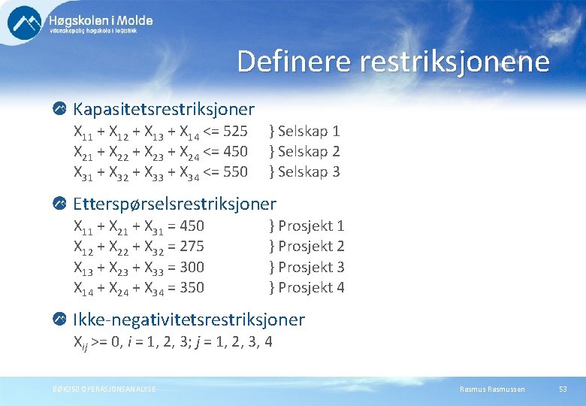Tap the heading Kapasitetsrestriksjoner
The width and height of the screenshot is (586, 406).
coord(164,110)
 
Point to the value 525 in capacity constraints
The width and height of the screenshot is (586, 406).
coord(235,132)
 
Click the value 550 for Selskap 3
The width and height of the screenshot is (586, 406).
coord(235,172)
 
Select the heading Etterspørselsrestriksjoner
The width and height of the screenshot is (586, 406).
coord(174,204)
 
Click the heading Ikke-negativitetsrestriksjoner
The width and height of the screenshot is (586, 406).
coord(189,320)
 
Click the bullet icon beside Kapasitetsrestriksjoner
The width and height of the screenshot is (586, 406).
coord(60,110)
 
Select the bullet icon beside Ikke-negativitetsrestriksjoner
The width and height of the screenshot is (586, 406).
coord(60,320)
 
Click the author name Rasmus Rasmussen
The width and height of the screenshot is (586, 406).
coord(492,389)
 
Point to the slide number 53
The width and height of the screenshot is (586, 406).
coord(563,389)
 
